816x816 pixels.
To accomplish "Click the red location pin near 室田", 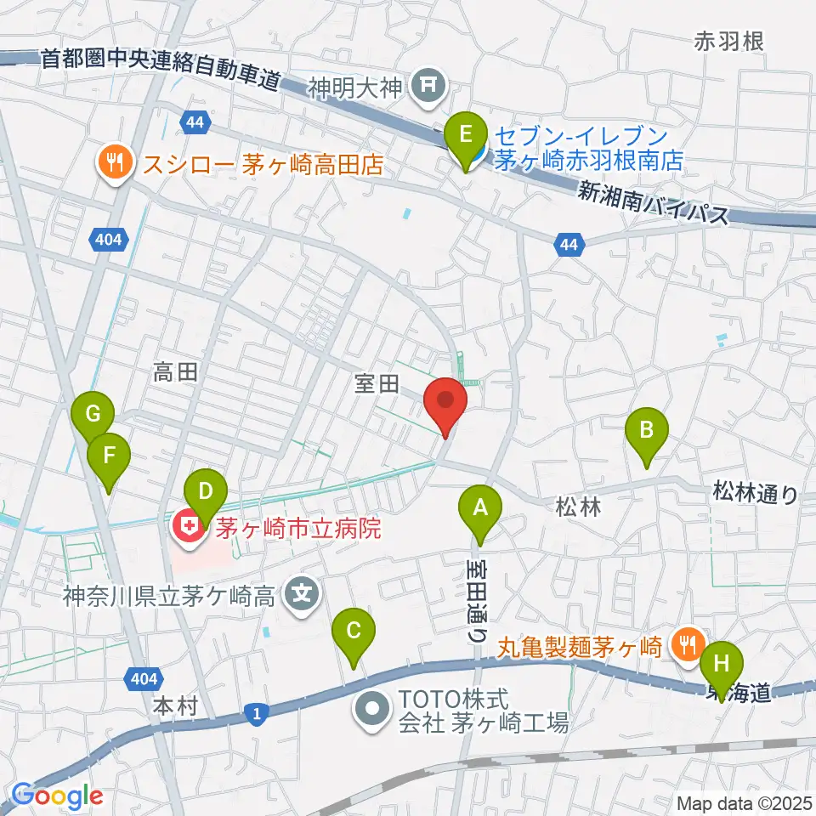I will click(x=445, y=402).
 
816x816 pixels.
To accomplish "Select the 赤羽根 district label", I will click(x=729, y=40).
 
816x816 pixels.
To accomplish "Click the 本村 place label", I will click(x=177, y=706).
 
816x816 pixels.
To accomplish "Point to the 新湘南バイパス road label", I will click(x=654, y=201).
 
